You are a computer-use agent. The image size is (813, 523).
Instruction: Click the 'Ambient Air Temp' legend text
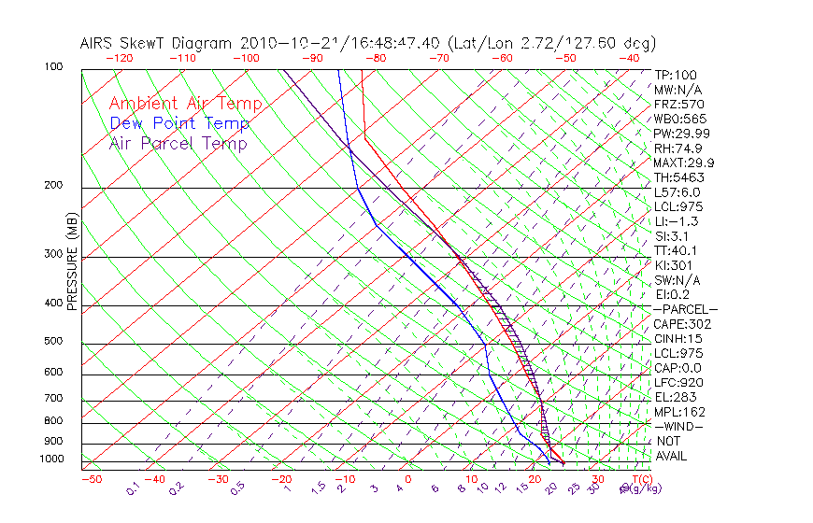pos(185,104)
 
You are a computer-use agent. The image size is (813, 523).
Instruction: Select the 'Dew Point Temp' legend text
pos(179,123)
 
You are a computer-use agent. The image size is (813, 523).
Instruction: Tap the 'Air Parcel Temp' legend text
pos(178,143)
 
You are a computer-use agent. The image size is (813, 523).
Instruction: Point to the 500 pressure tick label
pos(54,341)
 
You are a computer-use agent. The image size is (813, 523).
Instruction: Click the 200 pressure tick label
pos(54,185)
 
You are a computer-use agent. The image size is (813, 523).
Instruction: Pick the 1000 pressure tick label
pos(51,459)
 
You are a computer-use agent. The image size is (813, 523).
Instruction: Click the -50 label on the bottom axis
pos(91,479)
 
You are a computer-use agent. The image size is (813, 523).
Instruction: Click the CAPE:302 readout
pos(682,324)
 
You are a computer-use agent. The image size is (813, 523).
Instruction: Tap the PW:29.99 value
pos(681,134)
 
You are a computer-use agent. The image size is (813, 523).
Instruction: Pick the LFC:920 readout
pos(678,383)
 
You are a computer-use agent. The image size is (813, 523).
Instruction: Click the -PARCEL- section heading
pos(686,309)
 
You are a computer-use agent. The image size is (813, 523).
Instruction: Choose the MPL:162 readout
pos(679,412)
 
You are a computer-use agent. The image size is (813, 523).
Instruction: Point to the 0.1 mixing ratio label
pos(134,488)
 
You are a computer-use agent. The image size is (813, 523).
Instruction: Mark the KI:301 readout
pos(674,265)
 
